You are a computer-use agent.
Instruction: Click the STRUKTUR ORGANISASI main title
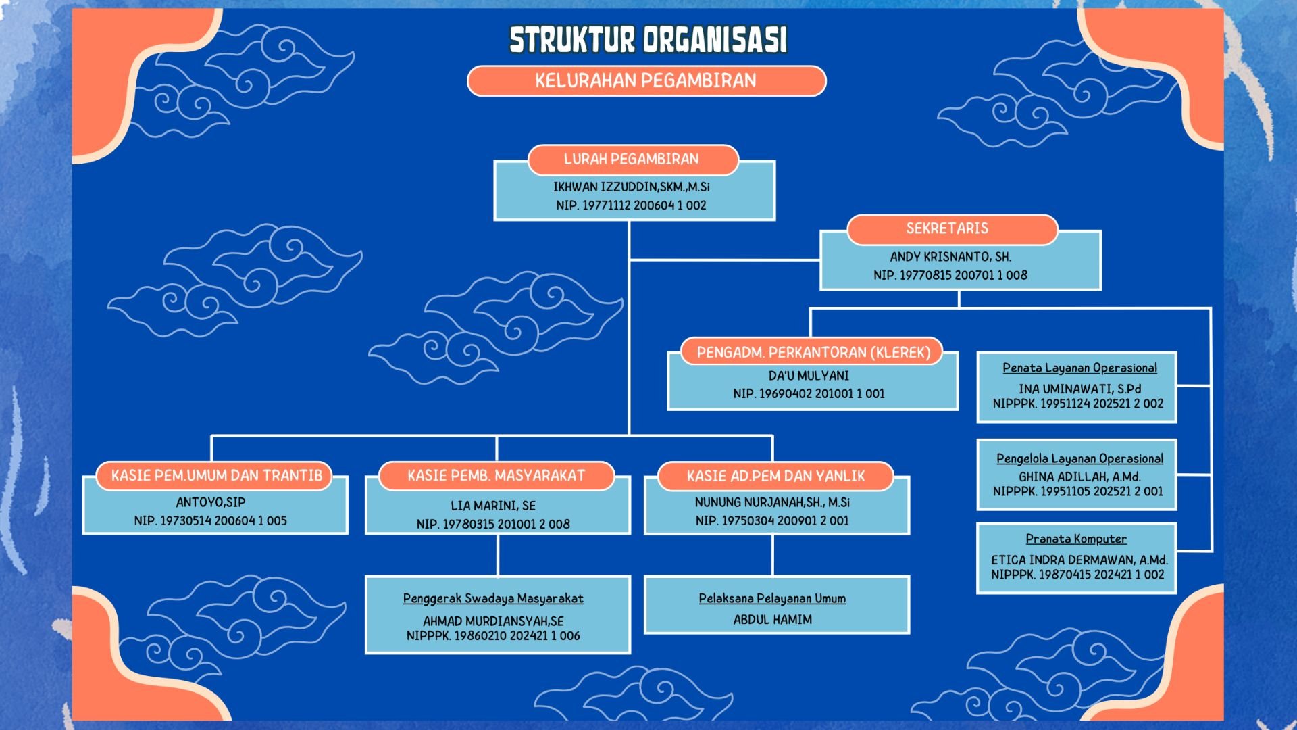648,40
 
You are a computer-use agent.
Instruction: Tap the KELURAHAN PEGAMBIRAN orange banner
646,81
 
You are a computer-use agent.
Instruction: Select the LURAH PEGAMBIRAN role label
632,160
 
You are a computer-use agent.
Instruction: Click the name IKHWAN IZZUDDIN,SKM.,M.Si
632,187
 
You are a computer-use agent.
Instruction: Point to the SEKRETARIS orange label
947,228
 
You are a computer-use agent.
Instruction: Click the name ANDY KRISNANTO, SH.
950,257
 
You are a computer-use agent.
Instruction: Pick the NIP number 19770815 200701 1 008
950,275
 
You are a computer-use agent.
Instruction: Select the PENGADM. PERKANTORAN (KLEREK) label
813,352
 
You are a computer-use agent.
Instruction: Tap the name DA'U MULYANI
809,376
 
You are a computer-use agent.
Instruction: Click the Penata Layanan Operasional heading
1079,368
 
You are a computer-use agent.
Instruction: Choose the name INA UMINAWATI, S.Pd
1079,389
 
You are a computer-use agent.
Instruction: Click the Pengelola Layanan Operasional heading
1079,459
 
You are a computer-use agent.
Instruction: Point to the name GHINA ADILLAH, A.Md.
1079,477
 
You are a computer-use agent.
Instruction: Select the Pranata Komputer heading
1076,539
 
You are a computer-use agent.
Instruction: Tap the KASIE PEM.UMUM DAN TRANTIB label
217,476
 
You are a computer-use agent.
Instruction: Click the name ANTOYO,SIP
211,502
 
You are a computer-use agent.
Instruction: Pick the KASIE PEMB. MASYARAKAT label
496,476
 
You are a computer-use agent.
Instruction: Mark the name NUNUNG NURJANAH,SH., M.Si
772,502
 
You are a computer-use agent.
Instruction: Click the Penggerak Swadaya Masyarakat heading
493,599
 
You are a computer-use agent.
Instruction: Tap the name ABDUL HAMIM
773,619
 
